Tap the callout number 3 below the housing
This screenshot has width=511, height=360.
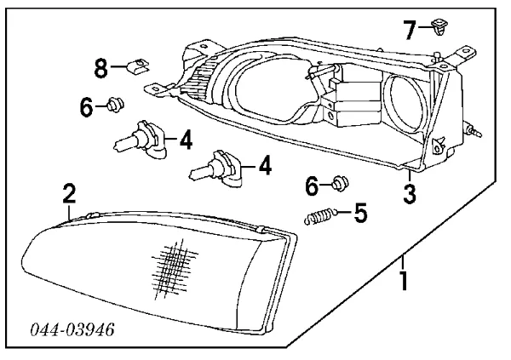click(410, 193)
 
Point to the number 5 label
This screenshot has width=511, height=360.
click(360, 212)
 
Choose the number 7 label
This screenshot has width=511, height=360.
click(410, 31)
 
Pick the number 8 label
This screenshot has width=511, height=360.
click(101, 66)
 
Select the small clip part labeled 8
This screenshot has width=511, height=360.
click(135, 65)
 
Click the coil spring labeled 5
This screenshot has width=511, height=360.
click(319, 218)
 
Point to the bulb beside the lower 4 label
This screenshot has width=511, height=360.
click(217, 168)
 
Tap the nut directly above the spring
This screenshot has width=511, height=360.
click(340, 182)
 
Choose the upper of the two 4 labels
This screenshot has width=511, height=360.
click(185, 138)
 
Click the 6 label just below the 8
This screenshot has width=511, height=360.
click(86, 108)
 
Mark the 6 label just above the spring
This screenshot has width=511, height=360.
click(313, 185)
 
